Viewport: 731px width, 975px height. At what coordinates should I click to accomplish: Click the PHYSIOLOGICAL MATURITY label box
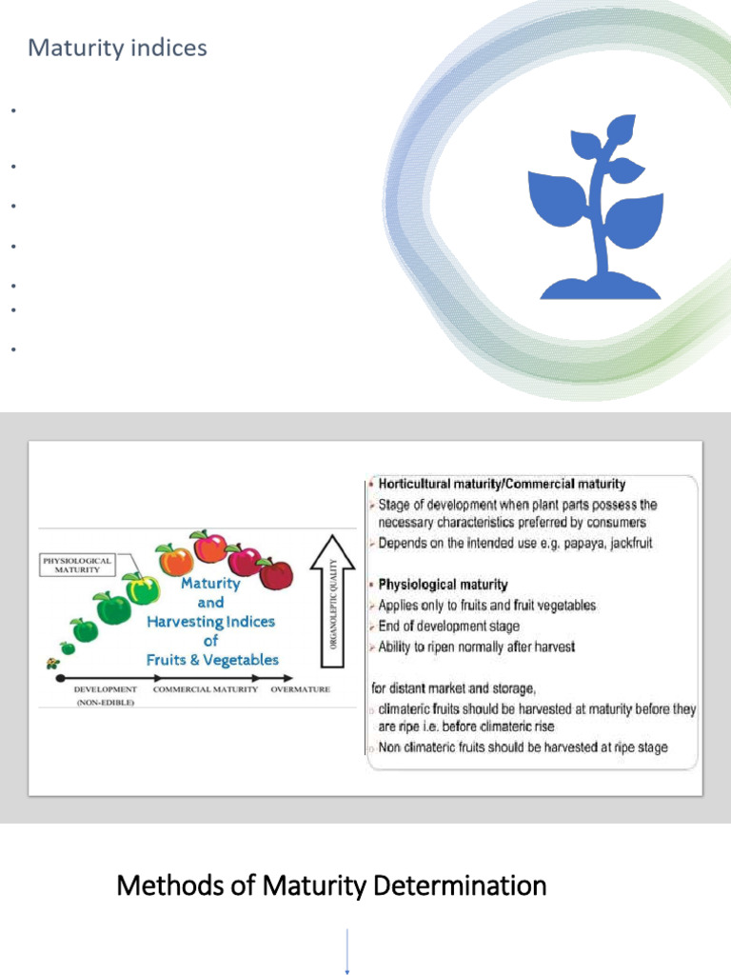[x=77, y=566]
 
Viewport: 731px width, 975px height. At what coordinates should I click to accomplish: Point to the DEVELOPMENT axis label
[x=105, y=689]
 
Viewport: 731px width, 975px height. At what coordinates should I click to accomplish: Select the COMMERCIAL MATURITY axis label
[x=206, y=689]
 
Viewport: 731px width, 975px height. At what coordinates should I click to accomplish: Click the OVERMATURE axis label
[x=301, y=689]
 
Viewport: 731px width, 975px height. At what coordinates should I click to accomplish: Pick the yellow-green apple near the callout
[x=142, y=587]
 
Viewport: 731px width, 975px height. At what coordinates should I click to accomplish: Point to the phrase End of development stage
[x=449, y=627]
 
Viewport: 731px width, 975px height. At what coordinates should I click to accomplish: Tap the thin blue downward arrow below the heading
[x=347, y=952]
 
